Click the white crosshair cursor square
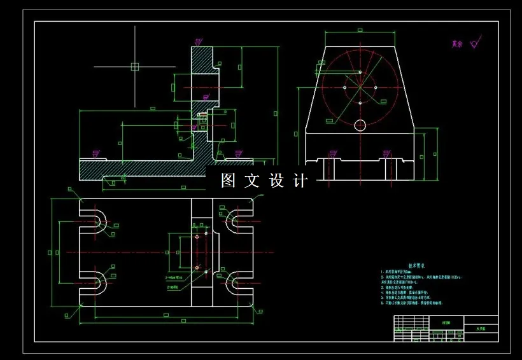coord(134,66)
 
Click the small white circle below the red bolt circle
coord(360,124)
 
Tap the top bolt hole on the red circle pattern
coord(360,72)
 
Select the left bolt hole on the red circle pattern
coord(344,87)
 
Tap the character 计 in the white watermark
coord(300,181)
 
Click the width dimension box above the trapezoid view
coord(360,30)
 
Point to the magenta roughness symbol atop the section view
coord(199,41)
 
